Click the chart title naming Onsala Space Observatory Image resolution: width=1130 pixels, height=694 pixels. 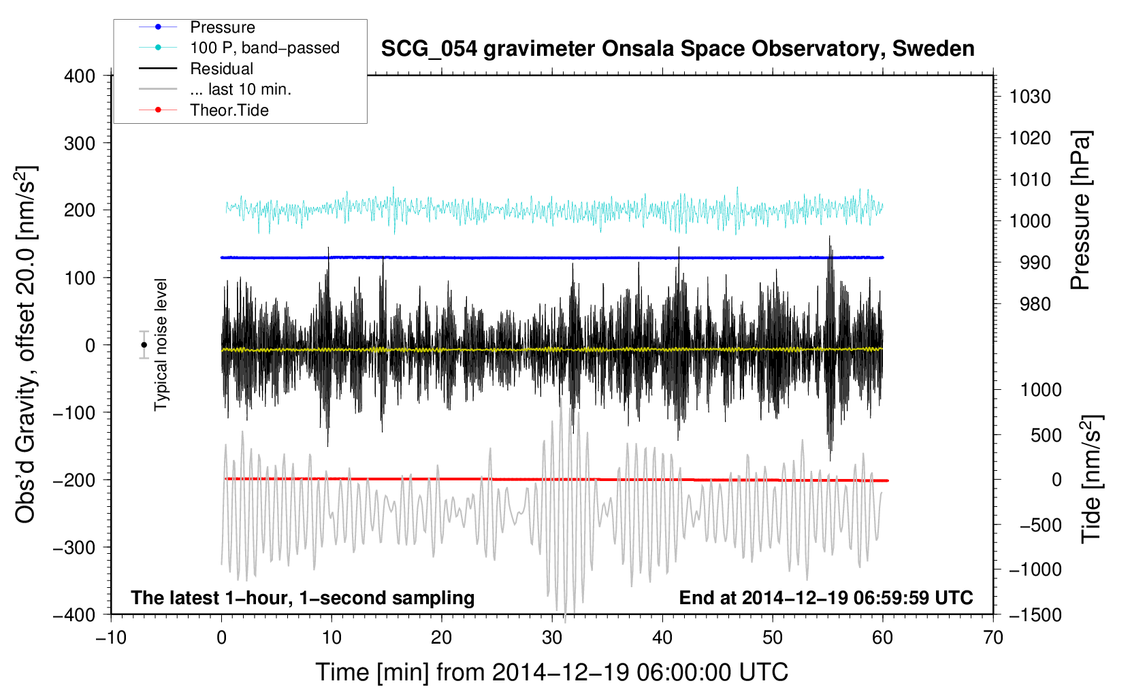677,49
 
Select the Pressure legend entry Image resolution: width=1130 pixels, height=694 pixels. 222,27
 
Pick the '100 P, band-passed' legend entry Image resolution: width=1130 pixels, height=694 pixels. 264,48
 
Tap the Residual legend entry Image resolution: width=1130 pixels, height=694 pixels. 221,69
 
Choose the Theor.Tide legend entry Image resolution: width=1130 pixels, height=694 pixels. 229,110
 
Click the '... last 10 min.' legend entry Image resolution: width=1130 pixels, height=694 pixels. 240,89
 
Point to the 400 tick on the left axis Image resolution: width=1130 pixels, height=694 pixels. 80,76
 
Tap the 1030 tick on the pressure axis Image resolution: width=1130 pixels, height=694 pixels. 1030,97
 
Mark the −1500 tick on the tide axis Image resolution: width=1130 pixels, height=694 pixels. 1035,614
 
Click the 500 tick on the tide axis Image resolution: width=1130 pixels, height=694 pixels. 1046,435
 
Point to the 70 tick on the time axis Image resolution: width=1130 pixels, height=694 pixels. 993,638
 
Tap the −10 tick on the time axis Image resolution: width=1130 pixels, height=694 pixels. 111,638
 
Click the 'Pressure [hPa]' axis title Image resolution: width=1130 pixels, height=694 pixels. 1080,211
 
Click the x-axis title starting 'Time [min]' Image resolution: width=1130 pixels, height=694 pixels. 551,672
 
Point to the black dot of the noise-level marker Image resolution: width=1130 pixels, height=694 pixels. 144,345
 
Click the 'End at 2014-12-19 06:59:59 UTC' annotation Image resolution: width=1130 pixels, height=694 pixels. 826,597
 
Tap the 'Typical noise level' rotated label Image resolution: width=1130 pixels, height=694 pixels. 161,344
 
